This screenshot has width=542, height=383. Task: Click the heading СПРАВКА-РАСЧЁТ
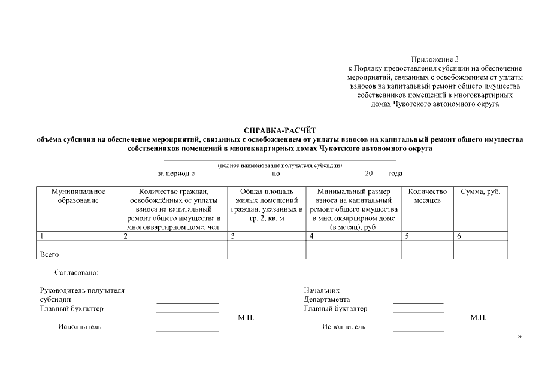[280, 130]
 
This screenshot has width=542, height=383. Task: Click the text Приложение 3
[435, 59]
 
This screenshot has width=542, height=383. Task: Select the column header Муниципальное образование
[78, 196]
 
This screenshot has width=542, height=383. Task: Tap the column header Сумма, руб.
[480, 191]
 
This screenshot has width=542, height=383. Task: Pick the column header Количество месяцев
[427, 196]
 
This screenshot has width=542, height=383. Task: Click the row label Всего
[49, 255]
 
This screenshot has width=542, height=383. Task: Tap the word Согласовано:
[76, 272]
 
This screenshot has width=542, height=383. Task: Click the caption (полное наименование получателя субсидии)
[280, 165]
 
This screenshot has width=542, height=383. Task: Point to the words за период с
[176, 174]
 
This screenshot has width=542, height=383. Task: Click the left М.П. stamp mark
[246, 318]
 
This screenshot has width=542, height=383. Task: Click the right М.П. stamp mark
[478, 318]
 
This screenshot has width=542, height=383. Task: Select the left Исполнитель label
[79, 327]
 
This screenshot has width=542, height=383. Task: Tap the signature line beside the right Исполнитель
[418, 330]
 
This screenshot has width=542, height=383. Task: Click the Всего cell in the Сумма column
[480, 255]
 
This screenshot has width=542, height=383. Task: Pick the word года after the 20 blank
[395, 174]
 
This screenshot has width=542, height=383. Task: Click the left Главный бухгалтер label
[71, 309]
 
